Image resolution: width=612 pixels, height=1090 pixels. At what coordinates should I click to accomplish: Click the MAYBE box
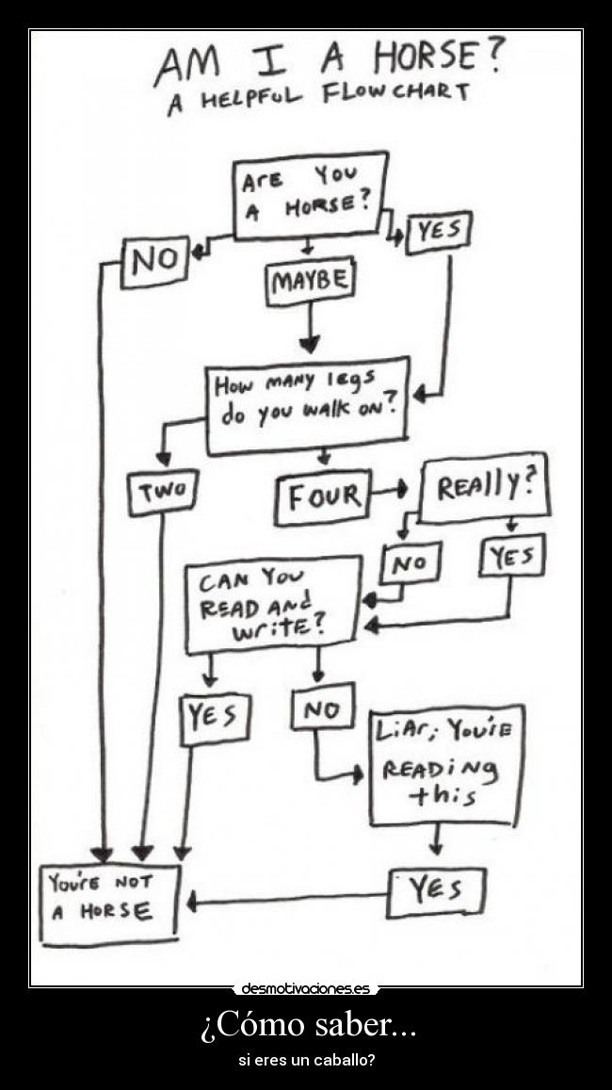point(310,281)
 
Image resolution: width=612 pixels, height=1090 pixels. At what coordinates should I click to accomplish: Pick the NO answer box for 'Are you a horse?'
point(154,260)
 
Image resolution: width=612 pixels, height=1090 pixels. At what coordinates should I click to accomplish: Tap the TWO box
point(163,492)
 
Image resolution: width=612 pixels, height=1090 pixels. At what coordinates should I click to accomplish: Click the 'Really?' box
point(484,487)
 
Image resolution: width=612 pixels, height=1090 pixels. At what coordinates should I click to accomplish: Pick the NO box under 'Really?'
point(410,563)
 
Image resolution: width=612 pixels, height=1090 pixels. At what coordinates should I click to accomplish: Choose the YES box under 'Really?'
point(512,557)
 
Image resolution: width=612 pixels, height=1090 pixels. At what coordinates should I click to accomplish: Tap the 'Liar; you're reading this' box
point(445,764)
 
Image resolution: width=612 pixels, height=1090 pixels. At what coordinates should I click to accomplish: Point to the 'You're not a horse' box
point(109,903)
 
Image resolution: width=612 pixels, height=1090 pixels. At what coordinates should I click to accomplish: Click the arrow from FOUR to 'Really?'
point(387,490)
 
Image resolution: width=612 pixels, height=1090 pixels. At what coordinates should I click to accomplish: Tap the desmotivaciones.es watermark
point(305,988)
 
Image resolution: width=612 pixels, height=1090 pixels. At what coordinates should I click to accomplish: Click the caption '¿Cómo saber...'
point(307,1024)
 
